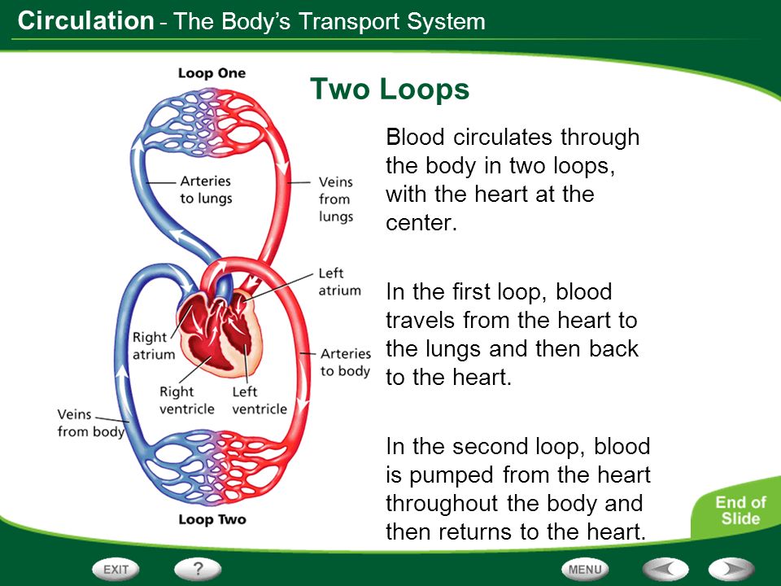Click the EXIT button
pyautogui.click(x=116, y=569)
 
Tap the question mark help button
pyautogui.click(x=198, y=569)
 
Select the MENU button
pyautogui.click(x=585, y=569)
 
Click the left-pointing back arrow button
pyautogui.click(x=665, y=569)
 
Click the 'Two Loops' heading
pyautogui.click(x=390, y=90)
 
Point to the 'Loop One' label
pyautogui.click(x=212, y=73)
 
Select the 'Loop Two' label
pyautogui.click(x=212, y=519)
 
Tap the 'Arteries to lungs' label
pyautogui.click(x=206, y=190)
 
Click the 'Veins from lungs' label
pyautogui.click(x=336, y=199)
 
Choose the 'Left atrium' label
pyautogui.click(x=340, y=282)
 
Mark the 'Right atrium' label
pyautogui.click(x=154, y=346)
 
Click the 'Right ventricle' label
pyautogui.click(x=187, y=400)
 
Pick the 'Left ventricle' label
pyautogui.click(x=260, y=400)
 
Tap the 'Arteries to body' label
pyautogui.click(x=346, y=362)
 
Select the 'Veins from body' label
pyautogui.click(x=90, y=423)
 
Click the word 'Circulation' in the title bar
pyautogui.click(x=85, y=21)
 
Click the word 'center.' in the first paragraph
pyautogui.click(x=421, y=223)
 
